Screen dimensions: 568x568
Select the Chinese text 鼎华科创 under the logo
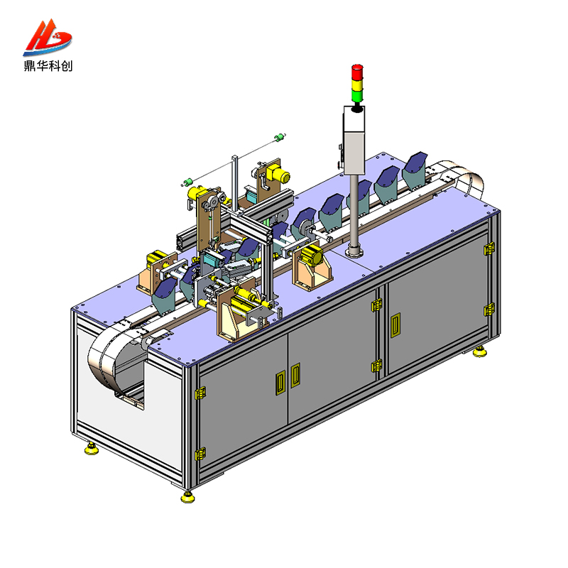48,66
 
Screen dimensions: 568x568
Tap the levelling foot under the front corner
188,496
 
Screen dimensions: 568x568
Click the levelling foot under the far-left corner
91,449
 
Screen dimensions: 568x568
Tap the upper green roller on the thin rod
280,136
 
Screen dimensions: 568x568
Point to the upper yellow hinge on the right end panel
488,248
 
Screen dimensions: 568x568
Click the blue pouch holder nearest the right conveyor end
415,166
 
